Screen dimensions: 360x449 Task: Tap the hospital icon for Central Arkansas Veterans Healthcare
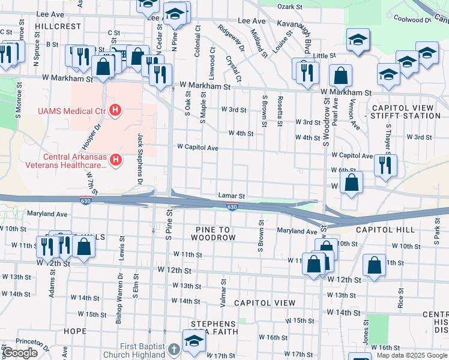point(116,159)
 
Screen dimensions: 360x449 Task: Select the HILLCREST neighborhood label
point(58,27)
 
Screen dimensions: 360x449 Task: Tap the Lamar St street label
point(232,196)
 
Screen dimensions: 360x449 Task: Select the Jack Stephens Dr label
point(140,159)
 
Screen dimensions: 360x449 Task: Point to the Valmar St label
point(223,293)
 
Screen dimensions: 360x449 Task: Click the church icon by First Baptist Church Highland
point(173,349)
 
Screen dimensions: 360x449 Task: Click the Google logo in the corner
point(20,353)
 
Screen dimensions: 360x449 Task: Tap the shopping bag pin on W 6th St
point(351,183)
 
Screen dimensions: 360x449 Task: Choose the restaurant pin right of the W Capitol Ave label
point(385,165)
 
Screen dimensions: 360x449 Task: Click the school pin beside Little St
point(358,41)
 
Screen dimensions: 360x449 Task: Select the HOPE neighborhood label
point(75,331)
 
